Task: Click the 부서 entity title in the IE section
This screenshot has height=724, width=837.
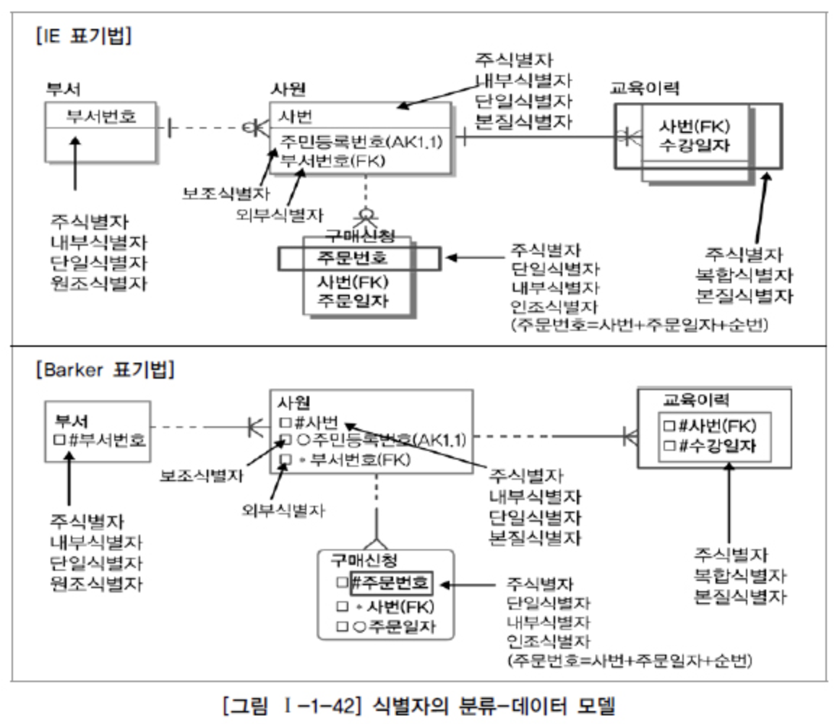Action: pos(63,89)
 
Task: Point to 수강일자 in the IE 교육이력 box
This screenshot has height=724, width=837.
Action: pos(693,146)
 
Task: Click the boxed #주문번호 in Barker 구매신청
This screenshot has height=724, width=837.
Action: pos(391,582)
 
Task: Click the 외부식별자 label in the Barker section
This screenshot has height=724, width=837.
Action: pos(283,510)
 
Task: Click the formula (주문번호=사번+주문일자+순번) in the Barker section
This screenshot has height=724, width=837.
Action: pos(630,660)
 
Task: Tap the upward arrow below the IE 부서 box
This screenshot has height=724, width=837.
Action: pos(75,163)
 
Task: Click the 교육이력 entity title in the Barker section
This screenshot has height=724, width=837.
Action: pos(696,400)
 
